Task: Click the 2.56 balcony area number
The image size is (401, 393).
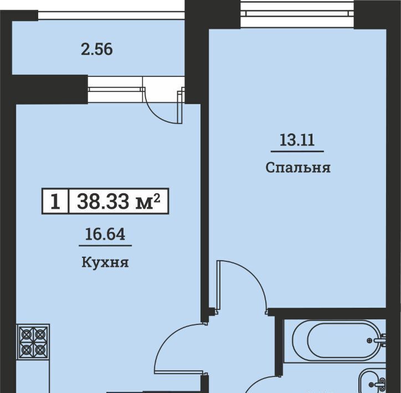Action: point(97,49)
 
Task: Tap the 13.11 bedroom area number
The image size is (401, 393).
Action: point(297,140)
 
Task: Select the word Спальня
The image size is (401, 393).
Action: point(298,168)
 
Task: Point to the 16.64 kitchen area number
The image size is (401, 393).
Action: point(105,234)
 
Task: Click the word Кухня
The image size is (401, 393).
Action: point(105,262)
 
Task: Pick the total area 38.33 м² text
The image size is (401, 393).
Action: point(119,201)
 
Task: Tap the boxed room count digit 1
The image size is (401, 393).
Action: point(55,201)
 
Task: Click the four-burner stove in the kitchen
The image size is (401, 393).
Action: point(33,342)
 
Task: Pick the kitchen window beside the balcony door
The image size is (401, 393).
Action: point(115,89)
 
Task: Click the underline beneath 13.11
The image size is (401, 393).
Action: point(297,151)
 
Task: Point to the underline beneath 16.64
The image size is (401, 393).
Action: point(105,246)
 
